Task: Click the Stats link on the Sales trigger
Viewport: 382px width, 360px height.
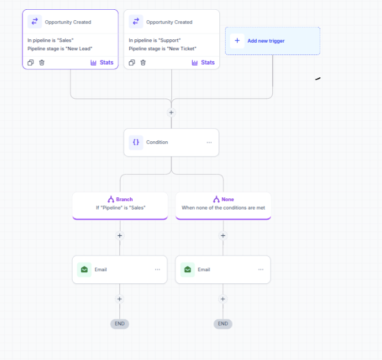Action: [x=102, y=63]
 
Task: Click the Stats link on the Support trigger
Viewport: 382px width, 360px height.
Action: [x=203, y=63]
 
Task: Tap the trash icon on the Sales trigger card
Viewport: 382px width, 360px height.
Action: [x=42, y=63]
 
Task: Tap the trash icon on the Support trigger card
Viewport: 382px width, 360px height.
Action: [x=143, y=63]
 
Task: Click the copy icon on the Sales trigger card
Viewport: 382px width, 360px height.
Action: [x=31, y=63]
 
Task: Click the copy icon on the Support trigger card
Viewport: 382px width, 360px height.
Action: [x=132, y=63]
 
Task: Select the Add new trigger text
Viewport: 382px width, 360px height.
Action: [x=266, y=41]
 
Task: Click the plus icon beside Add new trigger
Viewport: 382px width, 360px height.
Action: [x=237, y=41]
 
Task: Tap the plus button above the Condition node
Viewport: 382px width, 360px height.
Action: [x=171, y=112]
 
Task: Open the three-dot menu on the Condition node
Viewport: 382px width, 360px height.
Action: [x=209, y=142]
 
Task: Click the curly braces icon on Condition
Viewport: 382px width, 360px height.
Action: [x=136, y=142]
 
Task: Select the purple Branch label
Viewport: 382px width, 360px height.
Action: [x=124, y=200]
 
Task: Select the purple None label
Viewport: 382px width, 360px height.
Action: [x=227, y=200]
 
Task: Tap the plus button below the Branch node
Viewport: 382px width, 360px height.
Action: [x=119, y=235]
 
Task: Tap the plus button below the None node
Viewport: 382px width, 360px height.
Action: [x=223, y=235]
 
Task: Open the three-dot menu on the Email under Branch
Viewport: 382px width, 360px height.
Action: [x=158, y=269]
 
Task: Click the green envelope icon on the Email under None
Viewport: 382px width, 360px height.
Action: [x=188, y=269]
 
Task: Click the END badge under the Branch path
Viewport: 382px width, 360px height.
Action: [x=119, y=324]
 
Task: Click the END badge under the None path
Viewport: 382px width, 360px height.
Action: [x=223, y=324]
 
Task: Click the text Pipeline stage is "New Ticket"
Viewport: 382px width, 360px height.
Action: [x=163, y=48]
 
